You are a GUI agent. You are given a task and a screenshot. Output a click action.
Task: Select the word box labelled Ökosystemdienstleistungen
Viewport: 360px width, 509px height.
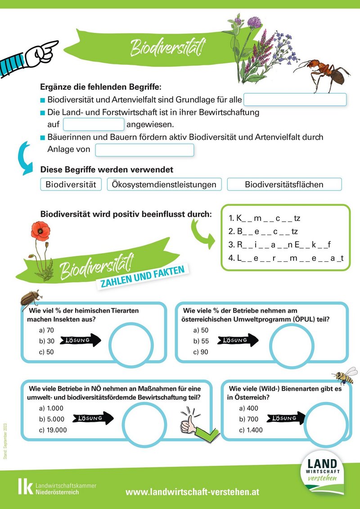[164, 184]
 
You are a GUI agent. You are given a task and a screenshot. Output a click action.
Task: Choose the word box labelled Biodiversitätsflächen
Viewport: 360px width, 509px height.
[284, 184]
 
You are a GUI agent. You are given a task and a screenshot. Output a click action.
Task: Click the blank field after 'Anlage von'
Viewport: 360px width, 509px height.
[144, 150]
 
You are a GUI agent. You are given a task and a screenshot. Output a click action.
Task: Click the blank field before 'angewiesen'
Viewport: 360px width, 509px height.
[94, 125]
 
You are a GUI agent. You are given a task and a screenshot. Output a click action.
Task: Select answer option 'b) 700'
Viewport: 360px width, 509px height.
[249, 419]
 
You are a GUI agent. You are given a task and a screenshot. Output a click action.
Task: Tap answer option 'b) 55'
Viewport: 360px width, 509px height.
[201, 341]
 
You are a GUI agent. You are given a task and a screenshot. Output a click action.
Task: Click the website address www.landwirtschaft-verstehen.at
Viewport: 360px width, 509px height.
[192, 492]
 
